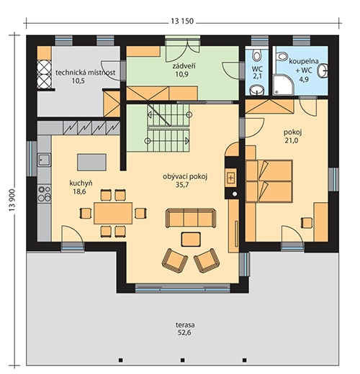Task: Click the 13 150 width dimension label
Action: coord(182,21)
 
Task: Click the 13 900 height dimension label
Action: coord(12,200)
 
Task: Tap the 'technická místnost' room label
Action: coord(85,73)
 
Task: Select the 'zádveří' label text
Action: coord(184,65)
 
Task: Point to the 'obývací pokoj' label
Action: coord(185,177)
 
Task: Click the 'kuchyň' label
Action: coord(81,183)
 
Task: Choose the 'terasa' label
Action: coord(185,325)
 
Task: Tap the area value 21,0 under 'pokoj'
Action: coord(292,140)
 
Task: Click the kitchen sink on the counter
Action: coord(44,160)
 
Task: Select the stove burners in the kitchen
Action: coord(45,193)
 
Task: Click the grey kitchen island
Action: coord(91,163)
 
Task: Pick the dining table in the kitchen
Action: coord(113,213)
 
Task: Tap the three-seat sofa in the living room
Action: coord(191,218)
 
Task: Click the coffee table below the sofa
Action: coord(191,240)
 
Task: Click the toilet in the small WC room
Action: coord(256,55)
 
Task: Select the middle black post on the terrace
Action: coord(183,360)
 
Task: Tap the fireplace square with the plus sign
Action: coord(231,178)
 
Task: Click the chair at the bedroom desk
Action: coord(307,222)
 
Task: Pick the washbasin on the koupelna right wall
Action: coord(323,70)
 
